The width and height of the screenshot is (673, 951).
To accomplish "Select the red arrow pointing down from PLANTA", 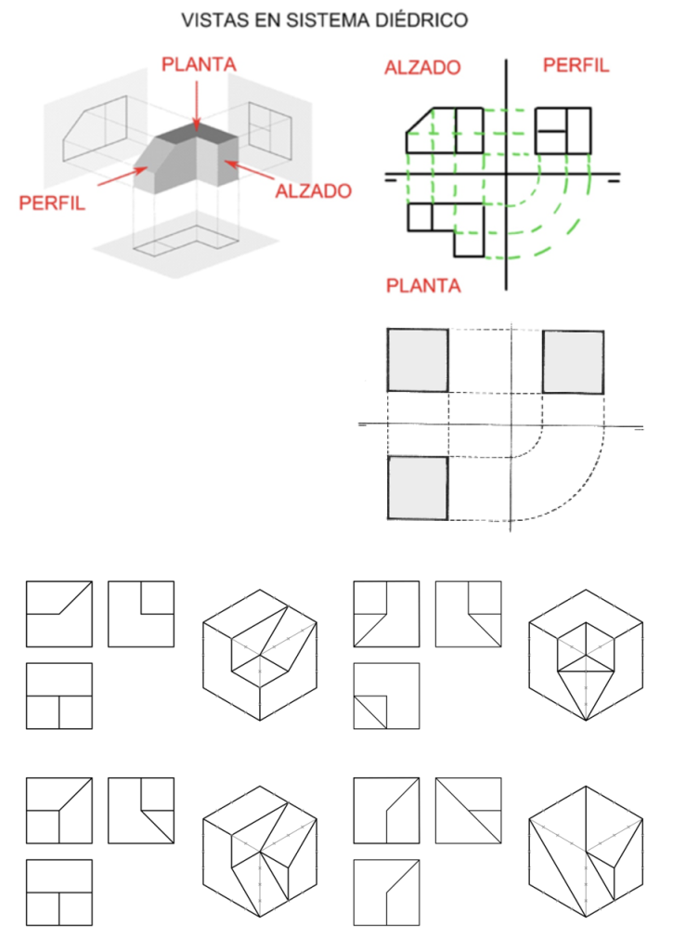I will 197,102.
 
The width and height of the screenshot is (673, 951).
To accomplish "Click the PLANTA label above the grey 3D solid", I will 199,64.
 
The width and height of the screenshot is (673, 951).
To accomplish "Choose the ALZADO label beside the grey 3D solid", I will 314,191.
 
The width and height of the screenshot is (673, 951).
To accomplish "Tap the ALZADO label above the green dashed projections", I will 422,67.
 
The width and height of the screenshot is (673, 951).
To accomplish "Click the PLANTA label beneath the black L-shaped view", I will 422,286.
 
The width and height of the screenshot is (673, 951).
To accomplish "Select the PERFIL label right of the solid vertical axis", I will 576,65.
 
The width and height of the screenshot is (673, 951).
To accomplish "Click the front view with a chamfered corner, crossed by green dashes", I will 445,130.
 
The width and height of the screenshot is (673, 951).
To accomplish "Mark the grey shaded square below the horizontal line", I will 418,488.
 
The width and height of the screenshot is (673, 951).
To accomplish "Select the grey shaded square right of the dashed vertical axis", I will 573,360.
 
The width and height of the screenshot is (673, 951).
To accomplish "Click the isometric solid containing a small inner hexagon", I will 585,655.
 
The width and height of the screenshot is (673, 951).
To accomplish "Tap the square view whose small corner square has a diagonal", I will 386,696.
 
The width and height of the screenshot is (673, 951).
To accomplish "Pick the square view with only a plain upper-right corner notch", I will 141,614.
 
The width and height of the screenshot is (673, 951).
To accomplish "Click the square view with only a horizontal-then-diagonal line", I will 59,614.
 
